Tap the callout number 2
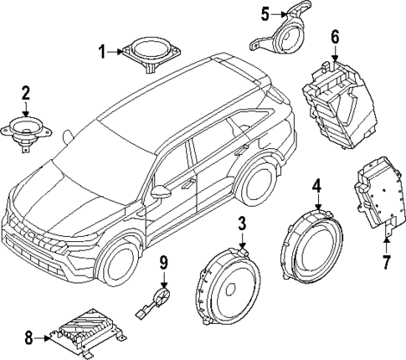pos(26,92)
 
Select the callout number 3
pos(241,224)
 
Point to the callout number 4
pos(317,186)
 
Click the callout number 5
pos(265,13)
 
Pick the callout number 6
pos(335,36)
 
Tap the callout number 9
pos(164,263)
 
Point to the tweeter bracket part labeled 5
pos(285,33)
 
